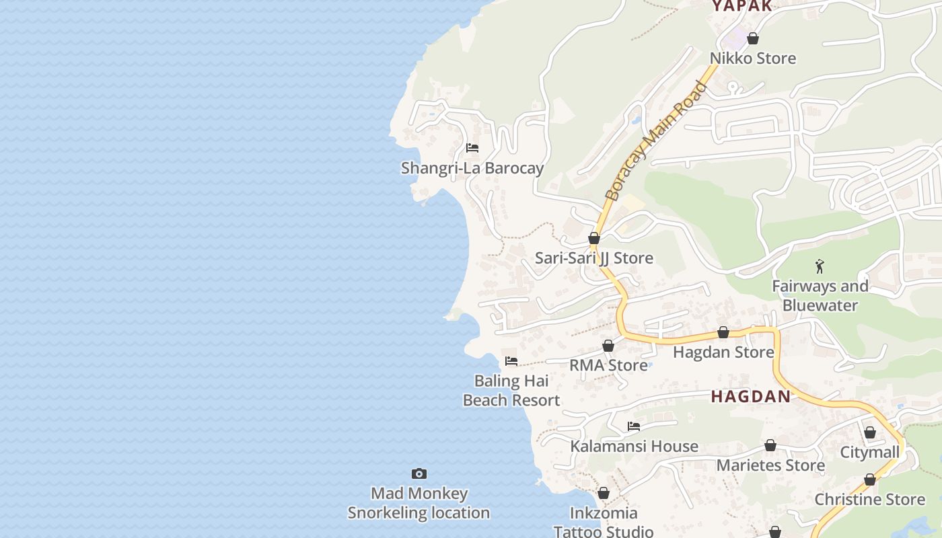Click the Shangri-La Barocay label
click(x=472, y=168)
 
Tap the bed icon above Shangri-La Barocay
click(x=472, y=148)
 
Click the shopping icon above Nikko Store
click(x=753, y=38)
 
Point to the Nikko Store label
click(x=753, y=59)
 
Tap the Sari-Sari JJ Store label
click(x=593, y=258)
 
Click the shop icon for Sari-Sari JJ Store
click(x=594, y=238)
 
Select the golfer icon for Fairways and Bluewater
click(x=820, y=266)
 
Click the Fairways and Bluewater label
click(x=820, y=296)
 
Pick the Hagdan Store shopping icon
click(x=723, y=332)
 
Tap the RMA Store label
click(x=608, y=365)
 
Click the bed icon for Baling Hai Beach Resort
click(x=511, y=361)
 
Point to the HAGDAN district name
click(x=751, y=397)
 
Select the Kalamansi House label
click(x=634, y=447)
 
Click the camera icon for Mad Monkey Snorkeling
click(x=419, y=474)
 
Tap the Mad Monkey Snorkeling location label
click(x=419, y=503)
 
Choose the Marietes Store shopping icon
click(x=770, y=445)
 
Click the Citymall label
click(x=869, y=453)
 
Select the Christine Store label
click(x=869, y=500)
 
